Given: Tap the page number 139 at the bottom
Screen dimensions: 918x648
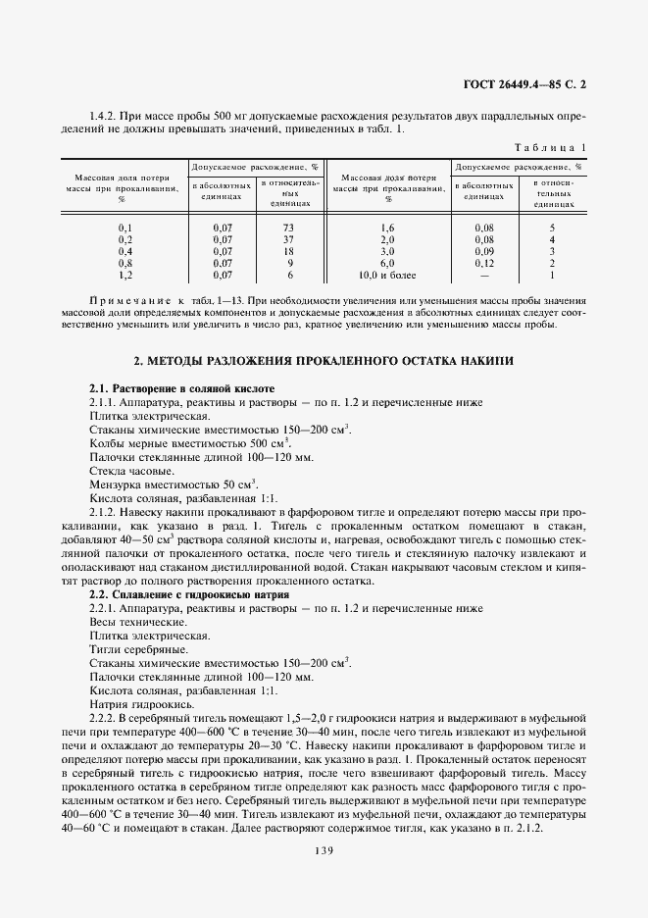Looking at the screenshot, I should pyautogui.click(x=324, y=850).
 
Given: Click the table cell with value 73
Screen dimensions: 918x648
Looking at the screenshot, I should pyautogui.click(x=289, y=228).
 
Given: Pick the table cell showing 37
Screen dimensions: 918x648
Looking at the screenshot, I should pyautogui.click(x=289, y=240).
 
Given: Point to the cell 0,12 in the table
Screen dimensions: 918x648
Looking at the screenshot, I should pyautogui.click(x=484, y=264).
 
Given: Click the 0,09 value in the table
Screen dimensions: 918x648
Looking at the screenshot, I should pyautogui.click(x=484, y=252).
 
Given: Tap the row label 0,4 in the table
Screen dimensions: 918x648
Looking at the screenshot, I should pyautogui.click(x=125, y=252).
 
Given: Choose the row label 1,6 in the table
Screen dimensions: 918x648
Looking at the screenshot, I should pyautogui.click(x=387, y=228).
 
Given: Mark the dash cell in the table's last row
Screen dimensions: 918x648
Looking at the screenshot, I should pyautogui.click(x=484, y=276).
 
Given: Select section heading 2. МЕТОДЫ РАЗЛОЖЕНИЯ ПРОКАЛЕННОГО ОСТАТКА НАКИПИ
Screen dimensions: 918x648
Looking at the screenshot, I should pyautogui.click(x=324, y=361).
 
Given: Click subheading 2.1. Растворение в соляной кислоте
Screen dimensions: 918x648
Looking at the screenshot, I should pyautogui.click(x=175, y=389).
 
